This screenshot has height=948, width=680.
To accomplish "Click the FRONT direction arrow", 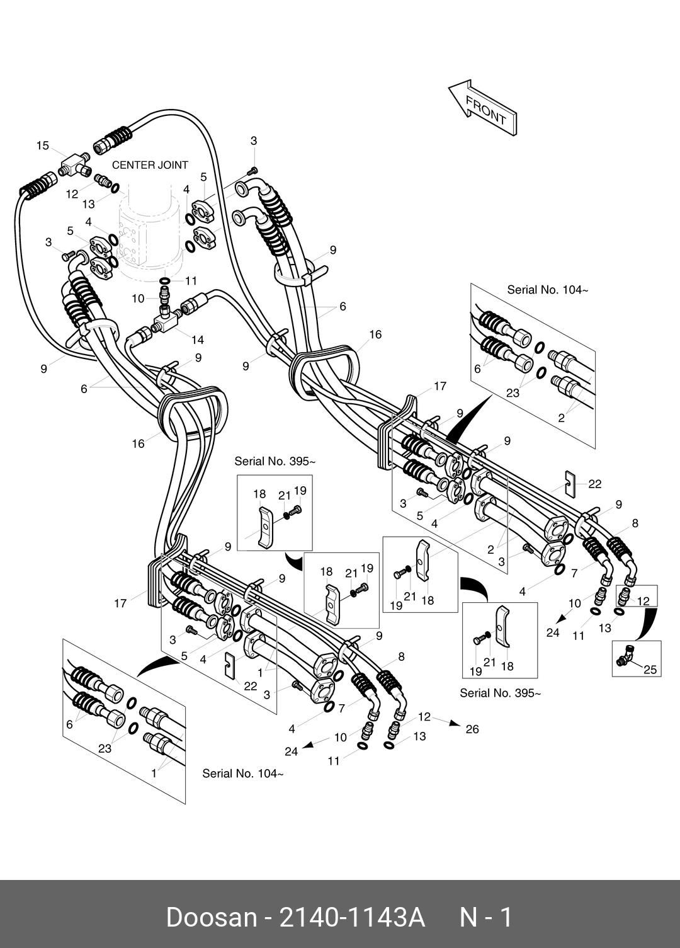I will coord(483,108).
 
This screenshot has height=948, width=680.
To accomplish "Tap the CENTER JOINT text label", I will coord(150,165).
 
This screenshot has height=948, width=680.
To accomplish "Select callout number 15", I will coord(42,146).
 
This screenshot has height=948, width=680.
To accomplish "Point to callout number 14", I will coord(198,340).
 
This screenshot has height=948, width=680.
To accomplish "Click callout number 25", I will coord(650,670).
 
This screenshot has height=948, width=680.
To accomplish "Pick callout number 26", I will coord(472,729).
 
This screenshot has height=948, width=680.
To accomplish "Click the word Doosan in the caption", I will coord(212,917).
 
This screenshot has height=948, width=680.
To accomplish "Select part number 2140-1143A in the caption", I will coord(352,917).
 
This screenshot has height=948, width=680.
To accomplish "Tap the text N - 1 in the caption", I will coord(486,917).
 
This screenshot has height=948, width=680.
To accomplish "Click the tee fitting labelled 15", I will coord(74,165).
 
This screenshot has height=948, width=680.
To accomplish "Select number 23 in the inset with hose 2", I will coord(513,393).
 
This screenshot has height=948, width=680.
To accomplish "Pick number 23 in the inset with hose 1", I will coord(105,748).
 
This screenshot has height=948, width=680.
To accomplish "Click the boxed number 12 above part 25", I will coord(643,602).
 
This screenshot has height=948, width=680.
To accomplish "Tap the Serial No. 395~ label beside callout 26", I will coord(500,694).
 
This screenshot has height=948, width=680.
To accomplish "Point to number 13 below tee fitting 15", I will coord(88,204).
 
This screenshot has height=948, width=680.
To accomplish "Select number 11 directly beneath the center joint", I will coord(191,281).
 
